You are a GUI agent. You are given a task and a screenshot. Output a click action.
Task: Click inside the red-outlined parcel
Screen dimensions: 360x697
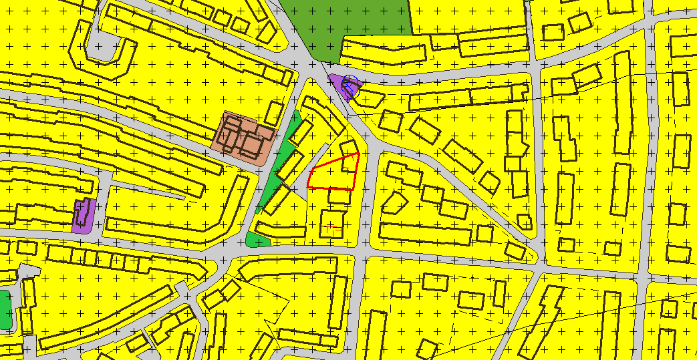pos(332,174)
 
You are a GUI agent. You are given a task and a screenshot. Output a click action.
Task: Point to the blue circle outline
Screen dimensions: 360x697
pos(350,86)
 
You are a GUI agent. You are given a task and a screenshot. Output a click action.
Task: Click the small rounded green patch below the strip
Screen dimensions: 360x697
pos(257,240)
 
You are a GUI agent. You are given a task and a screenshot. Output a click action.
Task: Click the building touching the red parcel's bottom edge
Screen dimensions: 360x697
pos(339,196)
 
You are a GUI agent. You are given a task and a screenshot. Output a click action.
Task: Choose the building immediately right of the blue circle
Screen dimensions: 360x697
pos(372,98)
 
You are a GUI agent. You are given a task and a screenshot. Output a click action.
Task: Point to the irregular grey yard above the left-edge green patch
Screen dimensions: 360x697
pos(27,271)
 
